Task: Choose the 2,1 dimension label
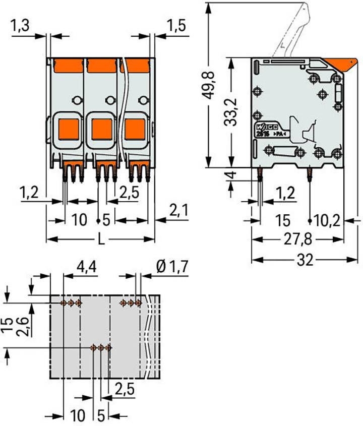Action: point(178,211)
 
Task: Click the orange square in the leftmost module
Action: point(69,130)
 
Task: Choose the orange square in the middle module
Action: point(101,130)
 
